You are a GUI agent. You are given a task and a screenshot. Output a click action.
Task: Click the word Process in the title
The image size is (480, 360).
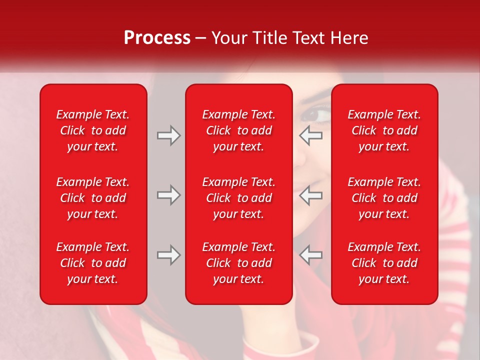(x=157, y=38)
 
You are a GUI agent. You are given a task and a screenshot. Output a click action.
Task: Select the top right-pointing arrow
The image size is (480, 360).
(x=168, y=135)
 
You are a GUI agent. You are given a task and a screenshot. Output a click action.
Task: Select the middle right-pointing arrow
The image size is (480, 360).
(x=168, y=195)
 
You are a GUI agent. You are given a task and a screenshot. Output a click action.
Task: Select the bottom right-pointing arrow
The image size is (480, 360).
(x=168, y=255)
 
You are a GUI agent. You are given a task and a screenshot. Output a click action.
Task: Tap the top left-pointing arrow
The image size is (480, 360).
(x=310, y=135)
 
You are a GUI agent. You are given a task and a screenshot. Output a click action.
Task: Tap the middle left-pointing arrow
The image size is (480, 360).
(x=310, y=195)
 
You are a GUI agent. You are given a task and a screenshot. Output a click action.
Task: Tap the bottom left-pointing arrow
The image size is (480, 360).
(x=310, y=255)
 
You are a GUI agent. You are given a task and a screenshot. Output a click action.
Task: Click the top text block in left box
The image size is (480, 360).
(x=93, y=130)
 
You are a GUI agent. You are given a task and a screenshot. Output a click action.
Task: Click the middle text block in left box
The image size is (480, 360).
(x=93, y=198)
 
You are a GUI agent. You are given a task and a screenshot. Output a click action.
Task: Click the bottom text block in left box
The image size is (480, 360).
(x=93, y=263)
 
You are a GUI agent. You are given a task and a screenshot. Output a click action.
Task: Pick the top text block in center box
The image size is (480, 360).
(x=238, y=130)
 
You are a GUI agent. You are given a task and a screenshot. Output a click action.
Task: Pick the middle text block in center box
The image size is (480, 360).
(x=238, y=198)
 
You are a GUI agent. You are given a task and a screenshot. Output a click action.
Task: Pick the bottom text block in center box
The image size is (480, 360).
(x=238, y=263)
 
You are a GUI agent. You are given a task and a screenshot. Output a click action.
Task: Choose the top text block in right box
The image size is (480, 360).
(x=384, y=130)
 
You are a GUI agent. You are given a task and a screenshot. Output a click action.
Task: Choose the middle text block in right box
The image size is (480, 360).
(x=384, y=198)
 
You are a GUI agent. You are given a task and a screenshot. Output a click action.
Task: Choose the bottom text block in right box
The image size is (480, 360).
(x=384, y=263)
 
